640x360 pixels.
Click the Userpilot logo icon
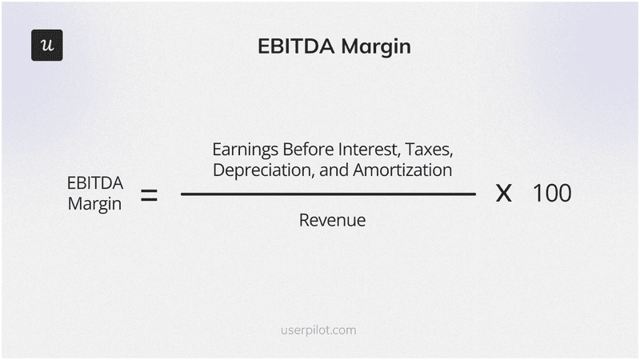coord(47,45)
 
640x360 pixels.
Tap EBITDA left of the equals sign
coord(94,183)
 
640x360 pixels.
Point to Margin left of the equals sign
coord(94,204)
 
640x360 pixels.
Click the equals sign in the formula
coord(149,194)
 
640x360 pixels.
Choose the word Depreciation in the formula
coord(259,170)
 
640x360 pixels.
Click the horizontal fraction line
coord(328,194)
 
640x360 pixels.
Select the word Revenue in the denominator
coord(332,220)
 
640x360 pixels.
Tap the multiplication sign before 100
coord(503,194)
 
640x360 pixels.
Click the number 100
coord(552,194)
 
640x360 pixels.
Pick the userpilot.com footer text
coord(319,330)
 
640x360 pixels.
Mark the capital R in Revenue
coord(304,220)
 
